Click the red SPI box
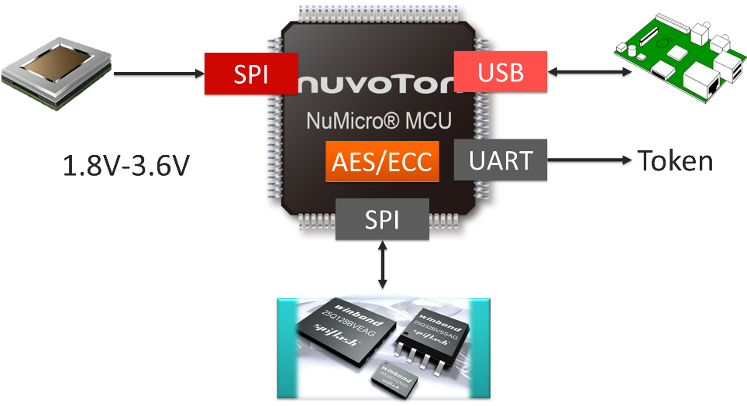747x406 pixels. (x=251, y=74)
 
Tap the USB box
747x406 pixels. (x=500, y=73)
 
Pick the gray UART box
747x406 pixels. (x=500, y=160)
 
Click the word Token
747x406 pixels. (x=674, y=160)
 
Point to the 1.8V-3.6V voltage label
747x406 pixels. (x=126, y=166)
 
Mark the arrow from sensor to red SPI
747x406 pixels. (x=159, y=74)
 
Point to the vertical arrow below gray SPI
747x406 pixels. (x=382, y=266)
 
